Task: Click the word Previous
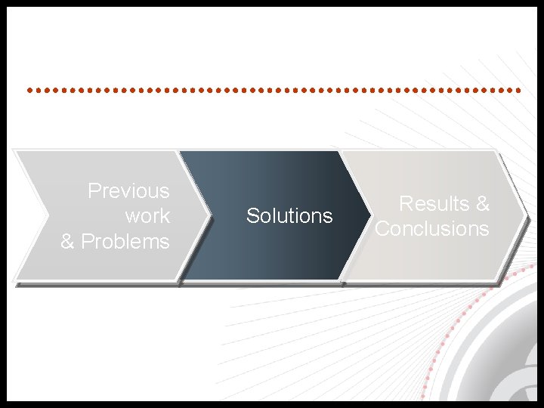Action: (x=128, y=190)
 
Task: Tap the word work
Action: (x=147, y=216)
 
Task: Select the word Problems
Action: (x=125, y=242)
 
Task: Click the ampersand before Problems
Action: (x=68, y=242)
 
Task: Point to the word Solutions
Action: (x=289, y=216)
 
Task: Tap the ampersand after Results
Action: (x=482, y=203)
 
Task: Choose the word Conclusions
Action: (x=432, y=228)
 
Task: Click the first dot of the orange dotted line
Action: (x=29, y=90)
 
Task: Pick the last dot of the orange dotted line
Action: (x=519, y=90)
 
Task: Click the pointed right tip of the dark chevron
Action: (x=369, y=215)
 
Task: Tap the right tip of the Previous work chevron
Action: (x=208, y=215)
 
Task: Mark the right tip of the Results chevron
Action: (x=524, y=215)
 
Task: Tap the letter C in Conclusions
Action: (x=382, y=228)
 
